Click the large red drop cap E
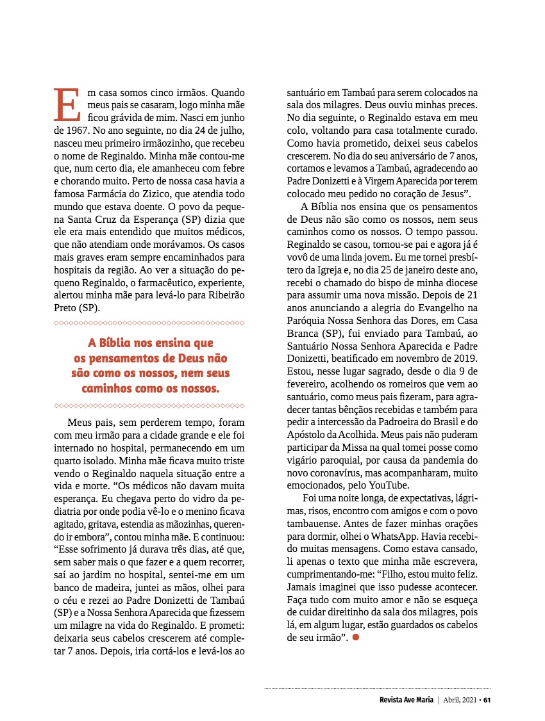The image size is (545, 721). click(65, 104)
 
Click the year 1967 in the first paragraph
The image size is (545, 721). click(77, 129)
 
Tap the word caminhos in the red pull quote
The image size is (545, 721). click(107, 388)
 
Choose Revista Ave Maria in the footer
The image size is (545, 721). click(406, 699)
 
